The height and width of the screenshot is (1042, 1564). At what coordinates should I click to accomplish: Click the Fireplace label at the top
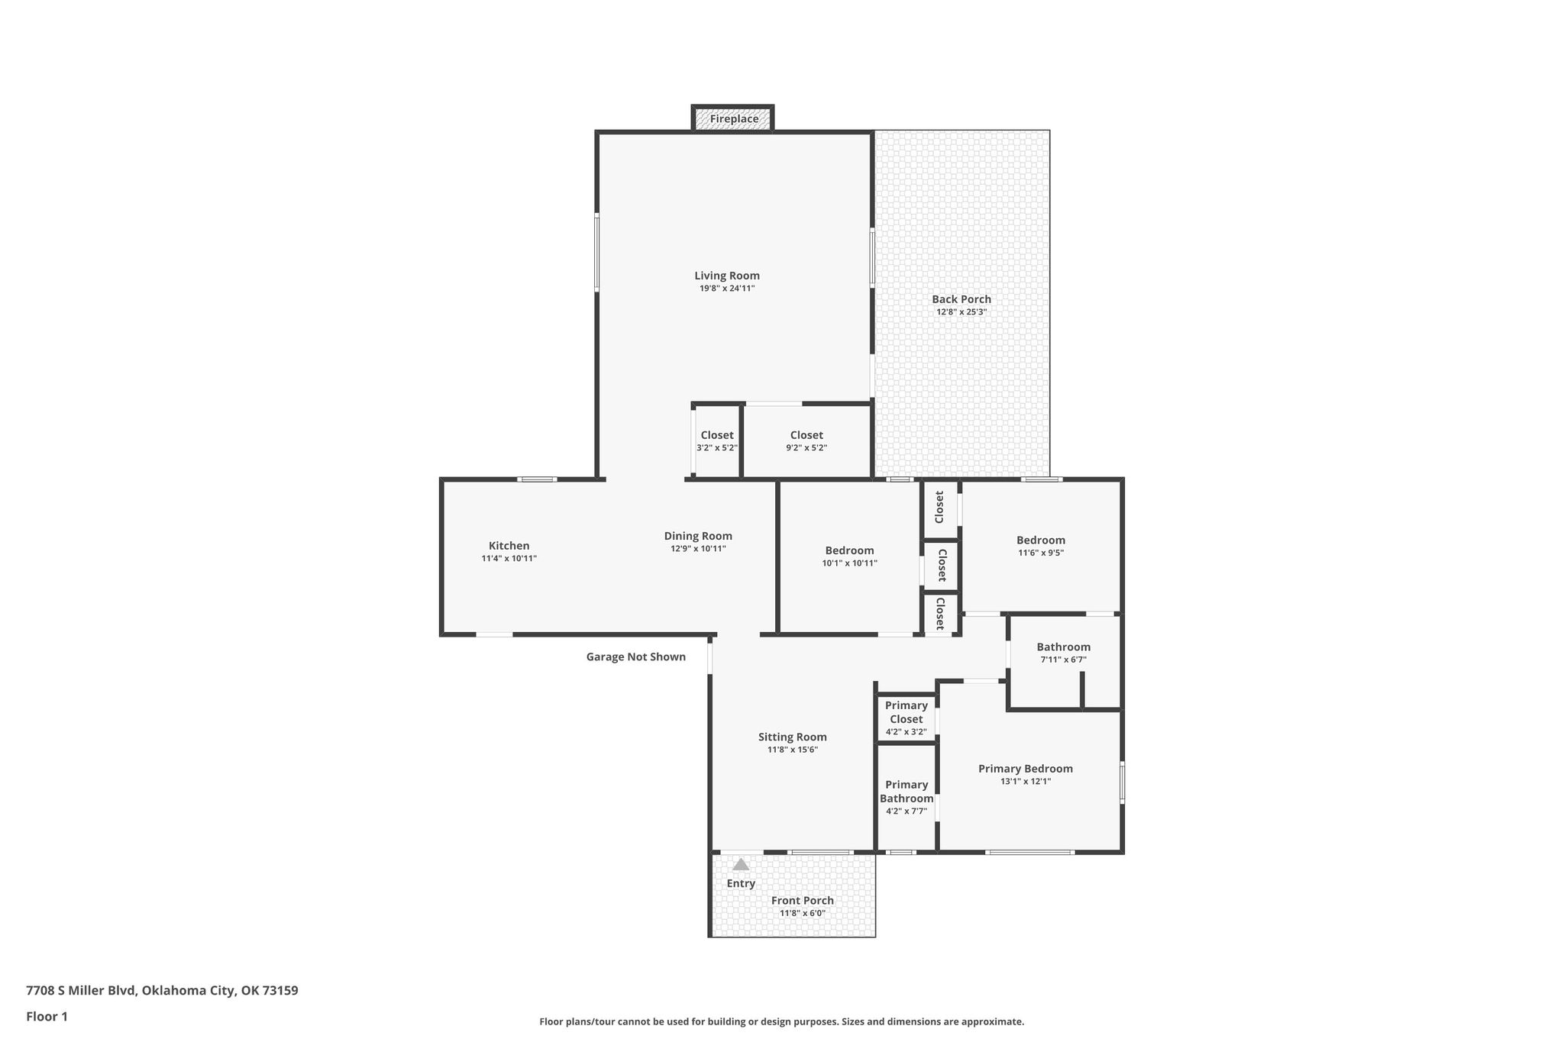[x=734, y=119]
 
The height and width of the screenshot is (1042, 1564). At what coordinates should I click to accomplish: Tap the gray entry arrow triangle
[x=741, y=864]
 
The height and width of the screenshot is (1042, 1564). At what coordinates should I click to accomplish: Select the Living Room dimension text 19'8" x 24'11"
[x=727, y=289]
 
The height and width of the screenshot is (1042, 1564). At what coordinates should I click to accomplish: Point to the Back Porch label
[x=961, y=299]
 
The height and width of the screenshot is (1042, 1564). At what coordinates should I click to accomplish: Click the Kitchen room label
[x=509, y=546]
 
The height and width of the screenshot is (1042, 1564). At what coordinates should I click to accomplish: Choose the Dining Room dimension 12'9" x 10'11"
[x=698, y=549]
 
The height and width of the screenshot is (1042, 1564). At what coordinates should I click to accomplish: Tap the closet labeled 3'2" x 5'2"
[x=717, y=441]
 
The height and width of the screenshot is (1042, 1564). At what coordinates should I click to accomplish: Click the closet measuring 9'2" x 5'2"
[x=806, y=441]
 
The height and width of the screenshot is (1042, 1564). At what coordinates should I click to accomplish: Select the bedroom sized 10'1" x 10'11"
[x=849, y=556]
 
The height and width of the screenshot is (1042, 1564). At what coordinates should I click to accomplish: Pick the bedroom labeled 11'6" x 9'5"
[x=1041, y=546]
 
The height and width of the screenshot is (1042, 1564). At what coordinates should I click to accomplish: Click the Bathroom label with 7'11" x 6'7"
[x=1063, y=653]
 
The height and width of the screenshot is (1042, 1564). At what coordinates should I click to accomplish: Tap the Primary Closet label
[x=906, y=712]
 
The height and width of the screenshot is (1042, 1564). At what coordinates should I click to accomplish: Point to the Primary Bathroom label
[x=906, y=792]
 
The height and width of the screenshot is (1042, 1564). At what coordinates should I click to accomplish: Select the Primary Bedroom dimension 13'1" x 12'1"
[x=1026, y=782]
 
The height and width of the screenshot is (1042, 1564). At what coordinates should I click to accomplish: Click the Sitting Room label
[x=793, y=737]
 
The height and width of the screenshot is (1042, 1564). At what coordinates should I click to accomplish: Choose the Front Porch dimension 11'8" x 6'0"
[x=803, y=913]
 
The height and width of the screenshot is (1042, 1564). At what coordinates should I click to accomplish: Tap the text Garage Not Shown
[x=636, y=656]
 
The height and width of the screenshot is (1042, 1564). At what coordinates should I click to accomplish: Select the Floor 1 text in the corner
[x=47, y=1017]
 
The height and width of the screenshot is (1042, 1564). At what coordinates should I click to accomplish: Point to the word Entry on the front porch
[x=741, y=883]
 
